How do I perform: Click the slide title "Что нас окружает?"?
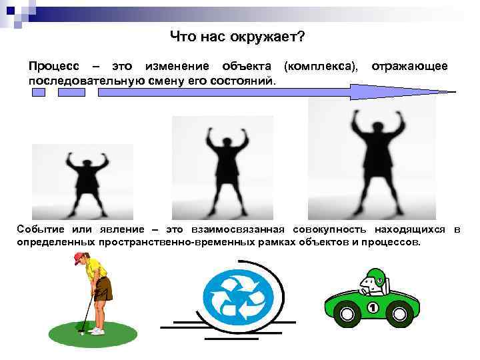(x=237, y=37)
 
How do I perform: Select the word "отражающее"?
(x=409, y=67)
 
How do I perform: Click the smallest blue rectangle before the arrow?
(x=39, y=93)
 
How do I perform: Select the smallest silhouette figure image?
(x=83, y=182)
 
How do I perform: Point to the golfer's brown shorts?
(x=103, y=289)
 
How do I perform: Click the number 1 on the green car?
(x=373, y=307)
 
